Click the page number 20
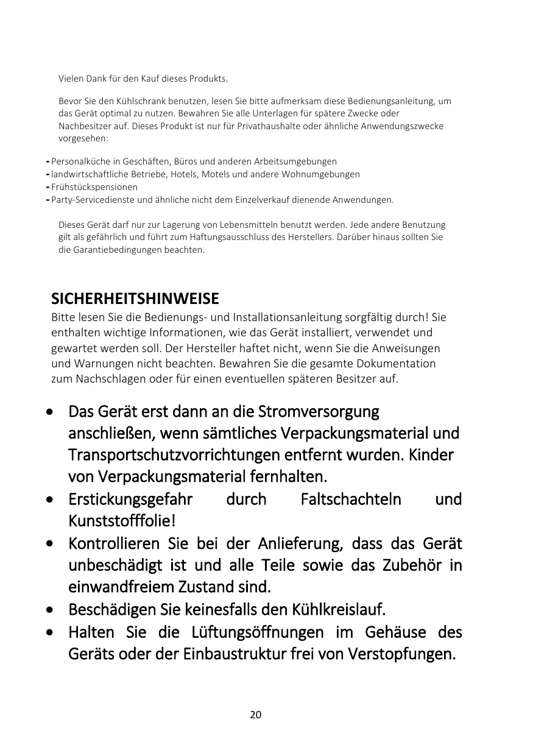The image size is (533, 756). click(x=256, y=715)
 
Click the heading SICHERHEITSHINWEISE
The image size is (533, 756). click(x=135, y=300)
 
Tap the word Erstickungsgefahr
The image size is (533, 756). click(x=130, y=500)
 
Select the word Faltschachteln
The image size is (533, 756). click(x=351, y=500)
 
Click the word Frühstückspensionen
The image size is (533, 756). click(x=94, y=187)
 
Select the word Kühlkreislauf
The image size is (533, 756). click(x=339, y=609)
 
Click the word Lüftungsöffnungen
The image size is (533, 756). click(x=257, y=632)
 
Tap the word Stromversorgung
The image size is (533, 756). click(x=319, y=412)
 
